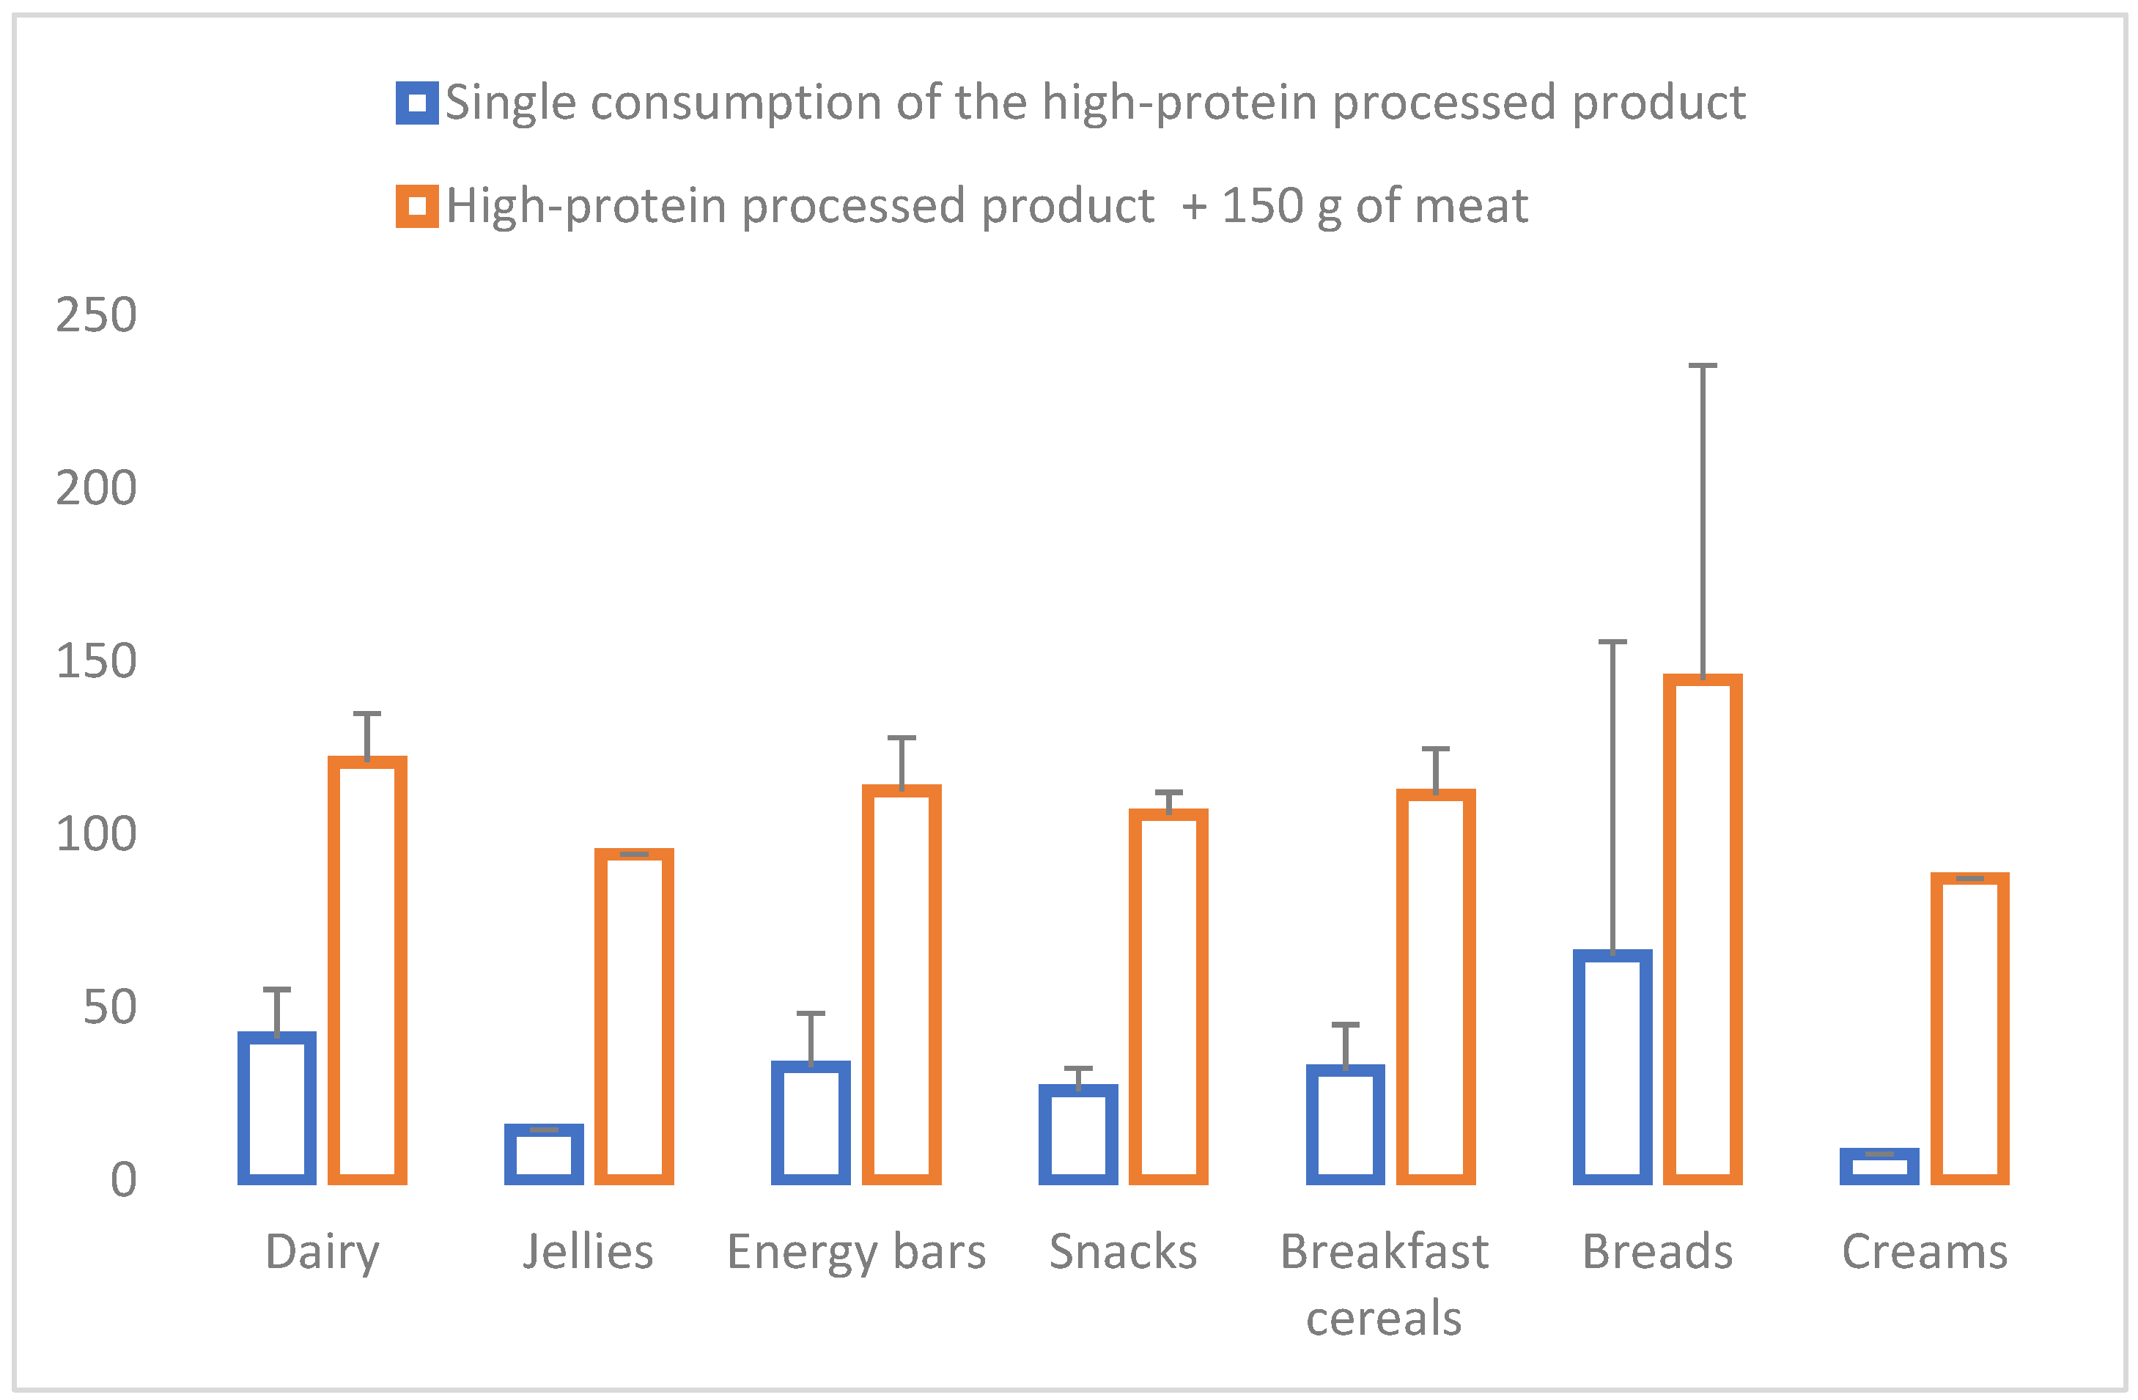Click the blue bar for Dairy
click(276, 1108)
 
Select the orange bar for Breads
click(1703, 929)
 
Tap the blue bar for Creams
click(1879, 1166)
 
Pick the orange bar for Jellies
click(634, 1017)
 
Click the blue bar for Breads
click(1612, 1067)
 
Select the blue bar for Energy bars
click(811, 1122)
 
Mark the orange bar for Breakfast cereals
click(1436, 987)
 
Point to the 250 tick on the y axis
click(96, 315)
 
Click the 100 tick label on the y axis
click(96, 835)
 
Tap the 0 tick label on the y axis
click(123, 1180)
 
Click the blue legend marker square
click(417, 103)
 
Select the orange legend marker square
click(417, 206)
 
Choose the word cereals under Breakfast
click(1383, 1318)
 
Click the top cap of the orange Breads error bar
click(1703, 366)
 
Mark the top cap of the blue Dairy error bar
click(276, 990)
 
